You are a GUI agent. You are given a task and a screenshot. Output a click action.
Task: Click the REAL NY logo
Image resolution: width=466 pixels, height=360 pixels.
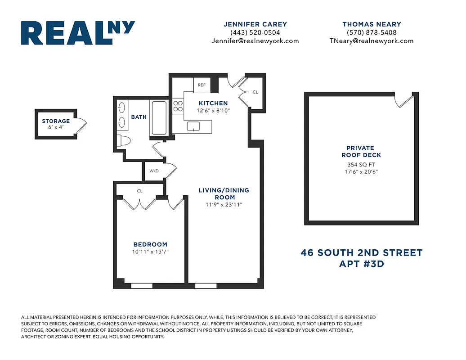click(x=78, y=33)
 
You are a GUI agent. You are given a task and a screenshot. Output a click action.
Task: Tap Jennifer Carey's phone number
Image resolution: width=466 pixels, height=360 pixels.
click(x=255, y=32)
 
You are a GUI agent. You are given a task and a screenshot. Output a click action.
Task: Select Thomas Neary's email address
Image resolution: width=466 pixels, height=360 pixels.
click(x=371, y=40)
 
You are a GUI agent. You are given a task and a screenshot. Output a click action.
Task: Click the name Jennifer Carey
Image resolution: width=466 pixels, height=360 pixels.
click(x=255, y=24)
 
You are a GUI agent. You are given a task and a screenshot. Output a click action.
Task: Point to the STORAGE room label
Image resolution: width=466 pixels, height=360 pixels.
click(x=56, y=121)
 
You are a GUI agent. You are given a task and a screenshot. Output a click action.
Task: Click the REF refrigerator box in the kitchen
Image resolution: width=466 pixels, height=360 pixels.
click(x=202, y=85)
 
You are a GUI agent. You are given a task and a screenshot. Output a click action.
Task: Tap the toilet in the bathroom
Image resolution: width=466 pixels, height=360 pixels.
click(x=123, y=140)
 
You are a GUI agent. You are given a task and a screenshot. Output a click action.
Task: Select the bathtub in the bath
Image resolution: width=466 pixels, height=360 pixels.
click(x=159, y=118)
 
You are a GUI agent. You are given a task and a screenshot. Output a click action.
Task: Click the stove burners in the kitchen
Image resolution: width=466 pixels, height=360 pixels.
click(x=178, y=106)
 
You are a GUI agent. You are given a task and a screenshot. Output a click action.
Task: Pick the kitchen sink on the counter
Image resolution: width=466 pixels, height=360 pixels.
click(x=193, y=126)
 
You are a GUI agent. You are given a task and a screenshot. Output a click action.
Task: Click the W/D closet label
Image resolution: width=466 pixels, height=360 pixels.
click(x=154, y=171)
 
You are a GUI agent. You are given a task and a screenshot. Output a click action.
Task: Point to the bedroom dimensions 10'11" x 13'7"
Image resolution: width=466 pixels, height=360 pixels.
click(x=150, y=252)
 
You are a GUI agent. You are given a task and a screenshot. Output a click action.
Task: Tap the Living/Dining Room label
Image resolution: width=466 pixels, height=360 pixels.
click(x=224, y=193)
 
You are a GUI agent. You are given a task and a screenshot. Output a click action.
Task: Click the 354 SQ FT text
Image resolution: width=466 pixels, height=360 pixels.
click(x=360, y=165)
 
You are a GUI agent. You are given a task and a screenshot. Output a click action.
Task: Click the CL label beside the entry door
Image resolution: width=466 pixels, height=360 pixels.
click(x=255, y=92)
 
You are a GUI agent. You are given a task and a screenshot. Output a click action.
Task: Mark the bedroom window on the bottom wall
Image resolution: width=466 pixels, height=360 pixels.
click(x=141, y=285)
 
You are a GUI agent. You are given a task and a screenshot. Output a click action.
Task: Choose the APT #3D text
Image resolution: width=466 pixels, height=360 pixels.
click(x=361, y=264)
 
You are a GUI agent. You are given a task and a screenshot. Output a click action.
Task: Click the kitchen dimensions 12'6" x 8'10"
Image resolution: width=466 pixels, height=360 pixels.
click(x=213, y=110)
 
